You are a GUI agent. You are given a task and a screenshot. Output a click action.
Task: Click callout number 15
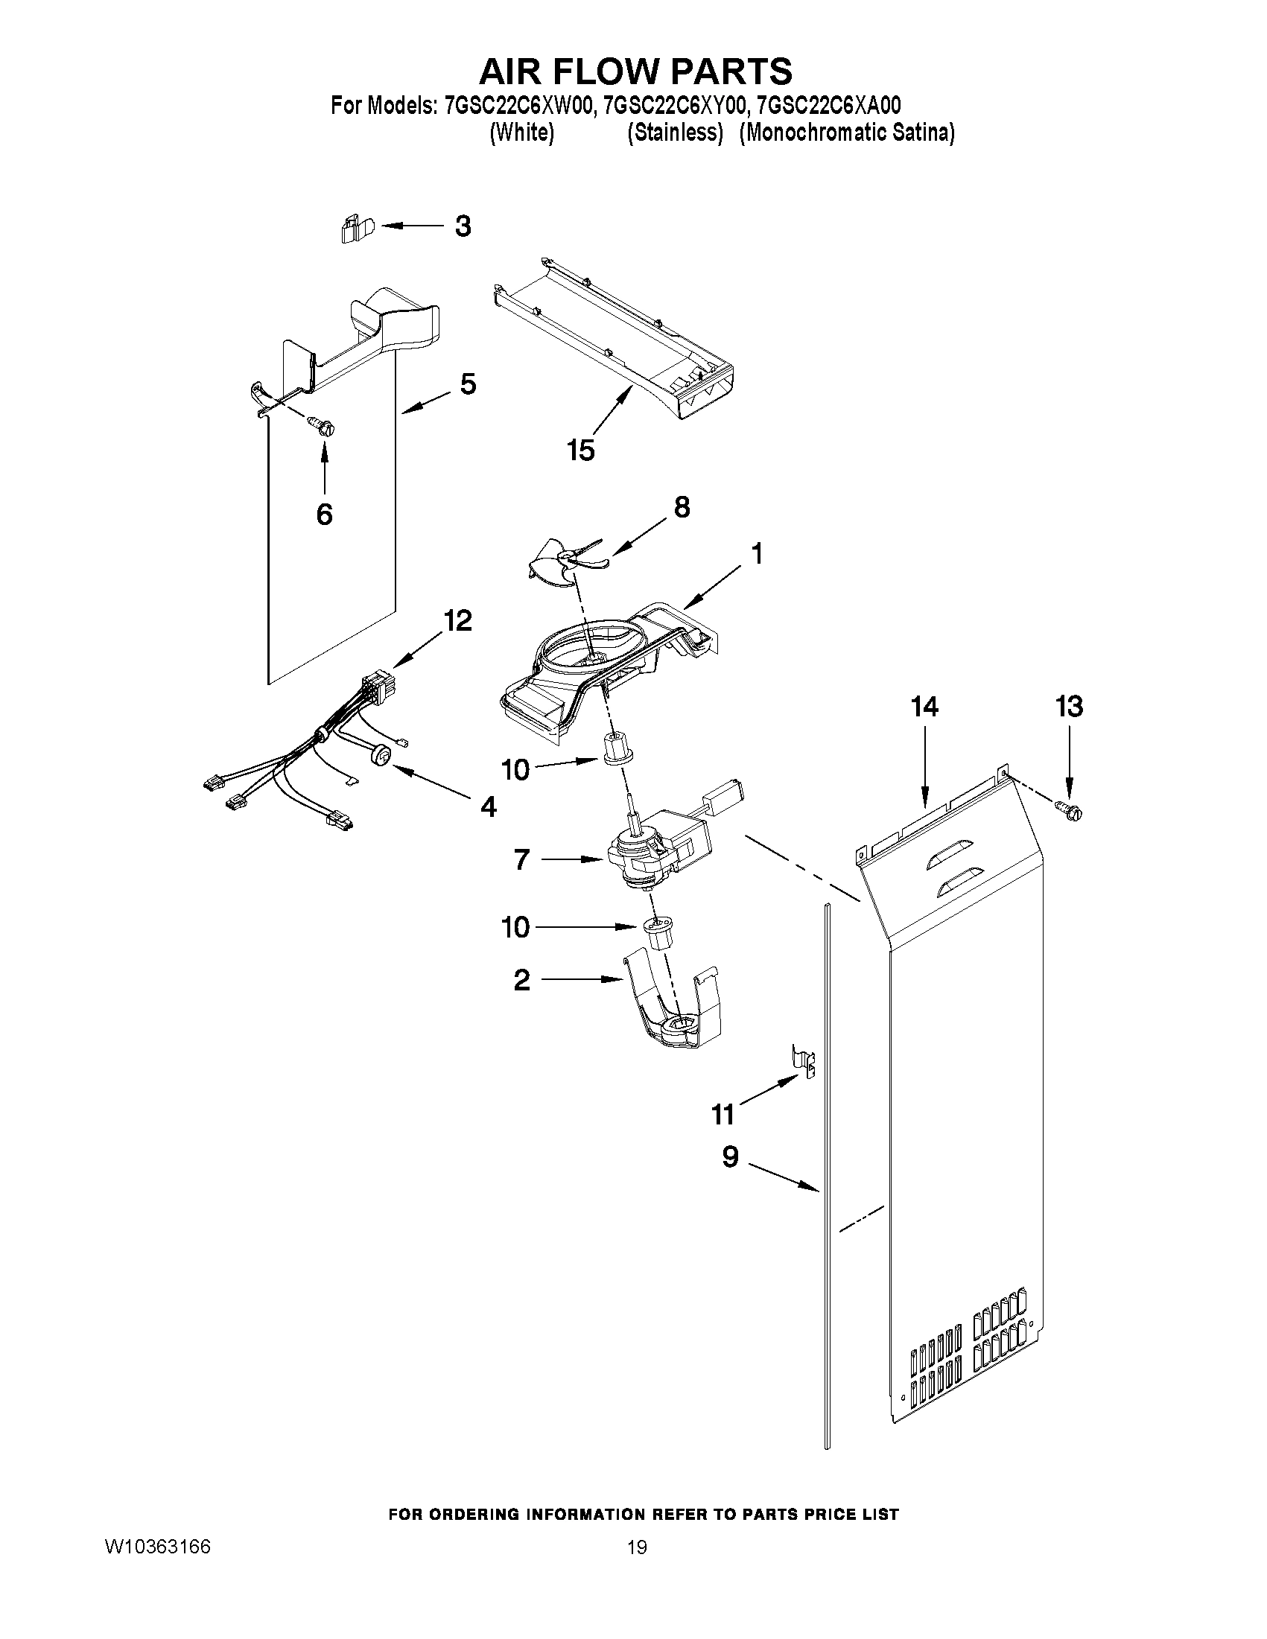click(x=581, y=451)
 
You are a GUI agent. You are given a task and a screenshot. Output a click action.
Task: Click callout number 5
click(x=468, y=384)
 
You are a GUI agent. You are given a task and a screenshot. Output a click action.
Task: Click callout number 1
click(x=757, y=554)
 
